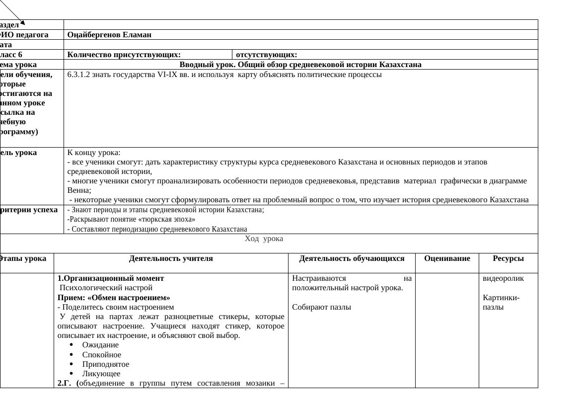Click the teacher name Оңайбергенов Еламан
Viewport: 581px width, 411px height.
109,35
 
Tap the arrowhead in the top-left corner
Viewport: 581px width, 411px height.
22,22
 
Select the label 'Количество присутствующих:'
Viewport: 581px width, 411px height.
124,55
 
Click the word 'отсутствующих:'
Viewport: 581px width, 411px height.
267,55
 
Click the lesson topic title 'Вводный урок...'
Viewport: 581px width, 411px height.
300,65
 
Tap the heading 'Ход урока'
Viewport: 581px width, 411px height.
264,239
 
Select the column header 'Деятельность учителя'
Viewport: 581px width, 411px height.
171,258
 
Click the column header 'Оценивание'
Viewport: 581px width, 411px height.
447,258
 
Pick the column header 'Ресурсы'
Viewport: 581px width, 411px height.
508,258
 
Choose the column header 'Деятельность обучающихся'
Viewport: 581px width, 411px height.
352,258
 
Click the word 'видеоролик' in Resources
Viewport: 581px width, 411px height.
503,278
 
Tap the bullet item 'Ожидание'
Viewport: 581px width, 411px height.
100,345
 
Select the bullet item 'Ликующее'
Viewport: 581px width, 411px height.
101,374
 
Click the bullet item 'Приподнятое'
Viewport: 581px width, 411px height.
106,364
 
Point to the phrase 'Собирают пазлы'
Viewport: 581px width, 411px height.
321,307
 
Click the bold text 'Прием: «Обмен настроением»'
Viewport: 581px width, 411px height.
114,298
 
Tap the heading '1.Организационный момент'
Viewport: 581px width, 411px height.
111,278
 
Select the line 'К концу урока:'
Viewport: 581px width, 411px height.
94,153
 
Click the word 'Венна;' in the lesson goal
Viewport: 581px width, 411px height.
79,190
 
